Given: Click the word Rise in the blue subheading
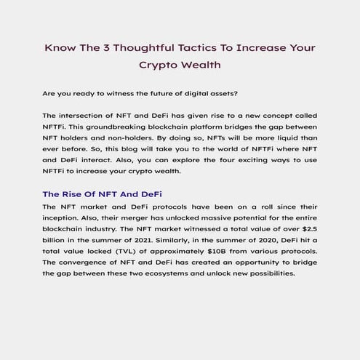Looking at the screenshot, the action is coord(74,194).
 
